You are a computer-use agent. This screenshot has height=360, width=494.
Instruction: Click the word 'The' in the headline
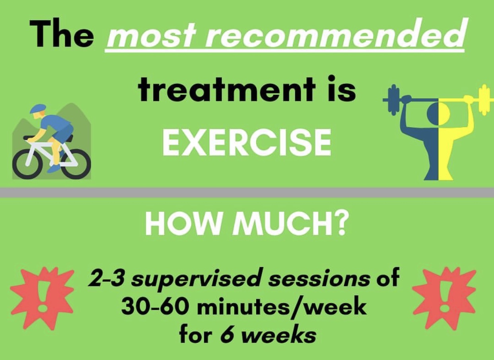[x=62, y=33]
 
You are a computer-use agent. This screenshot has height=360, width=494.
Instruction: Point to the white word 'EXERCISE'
[x=247, y=142]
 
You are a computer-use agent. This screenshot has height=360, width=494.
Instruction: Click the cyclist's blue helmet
[x=37, y=109]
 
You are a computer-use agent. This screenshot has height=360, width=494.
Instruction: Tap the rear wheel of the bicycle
[x=76, y=164]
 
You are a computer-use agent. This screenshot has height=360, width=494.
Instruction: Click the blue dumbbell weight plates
[x=395, y=100]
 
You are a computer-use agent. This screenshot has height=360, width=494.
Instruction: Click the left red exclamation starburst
[x=42, y=298]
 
